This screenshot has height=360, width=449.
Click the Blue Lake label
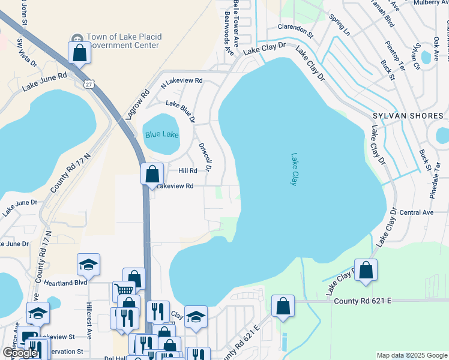pyautogui.click(x=161, y=134)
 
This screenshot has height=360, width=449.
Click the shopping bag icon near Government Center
pyautogui.click(x=79, y=53)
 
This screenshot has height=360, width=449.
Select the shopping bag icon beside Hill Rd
pyautogui.click(x=152, y=175)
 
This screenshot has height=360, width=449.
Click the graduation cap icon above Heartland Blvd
pyautogui.click(x=88, y=264)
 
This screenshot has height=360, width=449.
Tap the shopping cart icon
pyautogui.click(x=124, y=291)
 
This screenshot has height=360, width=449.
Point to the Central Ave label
pyautogui.click(x=416, y=212)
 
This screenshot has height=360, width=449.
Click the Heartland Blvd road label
pyautogui.click(x=58, y=282)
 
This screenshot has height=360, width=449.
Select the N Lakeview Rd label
pyautogui.click(x=182, y=80)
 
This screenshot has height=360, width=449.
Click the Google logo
pyautogui.click(x=20, y=353)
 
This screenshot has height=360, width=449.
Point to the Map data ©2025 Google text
pyautogui.click(x=411, y=355)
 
